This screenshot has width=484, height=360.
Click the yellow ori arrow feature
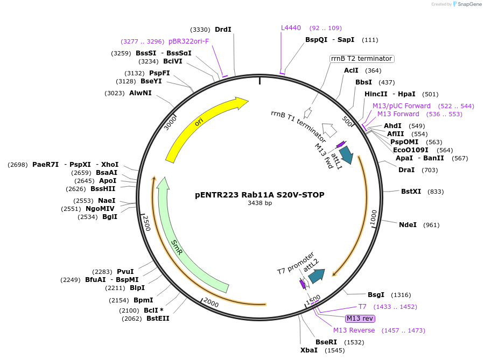click(199, 124)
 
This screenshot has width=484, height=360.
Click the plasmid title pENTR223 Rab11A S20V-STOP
click(259, 195)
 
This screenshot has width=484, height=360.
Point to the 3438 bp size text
click(259, 203)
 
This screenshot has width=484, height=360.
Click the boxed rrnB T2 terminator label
click(362, 59)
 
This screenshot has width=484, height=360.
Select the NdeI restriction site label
click(408, 224)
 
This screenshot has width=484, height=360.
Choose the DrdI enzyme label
click(223, 29)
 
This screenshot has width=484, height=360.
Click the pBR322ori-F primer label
click(188, 41)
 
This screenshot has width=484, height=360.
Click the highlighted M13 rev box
click(360, 319)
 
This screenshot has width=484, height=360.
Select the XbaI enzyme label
click(308, 350)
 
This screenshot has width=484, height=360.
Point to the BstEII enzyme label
click(158, 318)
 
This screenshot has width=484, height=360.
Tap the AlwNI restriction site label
click(140, 93)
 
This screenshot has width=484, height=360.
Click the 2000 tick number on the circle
click(211, 303)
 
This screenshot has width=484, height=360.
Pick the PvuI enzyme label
click(125, 272)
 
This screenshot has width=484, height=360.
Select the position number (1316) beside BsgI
click(401, 294)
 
